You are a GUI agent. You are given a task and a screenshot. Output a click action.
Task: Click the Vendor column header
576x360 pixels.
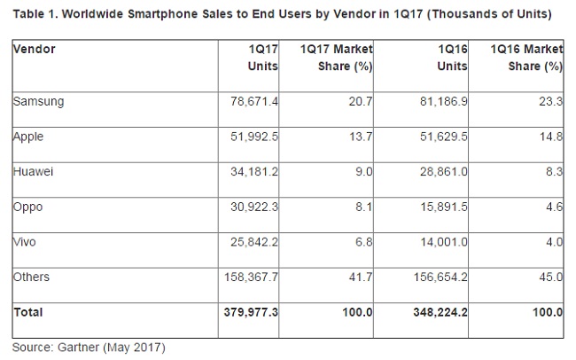click(x=34, y=50)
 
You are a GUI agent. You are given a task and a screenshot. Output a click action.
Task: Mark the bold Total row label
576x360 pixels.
click(x=29, y=312)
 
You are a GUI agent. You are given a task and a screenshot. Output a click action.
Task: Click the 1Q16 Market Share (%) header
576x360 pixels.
click(x=526, y=59)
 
